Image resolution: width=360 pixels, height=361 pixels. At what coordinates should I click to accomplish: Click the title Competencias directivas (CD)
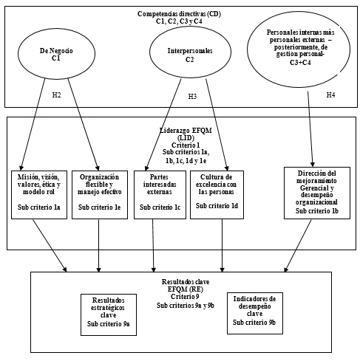[x=180, y=13]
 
